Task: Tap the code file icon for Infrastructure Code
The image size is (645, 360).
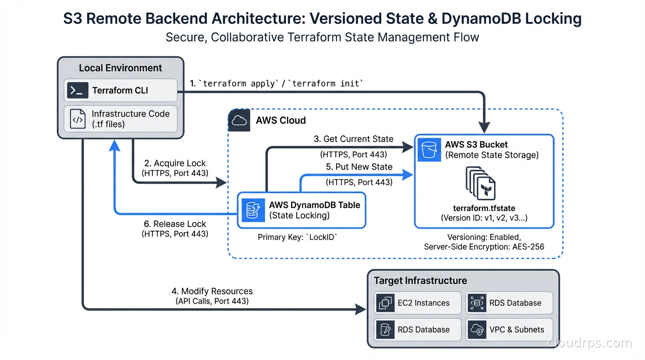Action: [x=78, y=119]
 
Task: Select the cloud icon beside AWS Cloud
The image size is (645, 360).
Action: [x=240, y=120]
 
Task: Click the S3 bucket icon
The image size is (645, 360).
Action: [x=429, y=150]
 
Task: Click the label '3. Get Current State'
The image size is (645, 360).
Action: [x=353, y=139]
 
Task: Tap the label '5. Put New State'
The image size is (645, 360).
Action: [x=359, y=167]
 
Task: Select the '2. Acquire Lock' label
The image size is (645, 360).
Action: [x=175, y=163]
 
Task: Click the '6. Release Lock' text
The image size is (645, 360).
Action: [x=175, y=224]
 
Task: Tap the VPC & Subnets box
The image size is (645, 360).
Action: [x=509, y=330]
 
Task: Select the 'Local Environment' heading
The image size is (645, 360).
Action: [x=120, y=68]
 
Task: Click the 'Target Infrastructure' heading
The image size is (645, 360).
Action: [x=420, y=281]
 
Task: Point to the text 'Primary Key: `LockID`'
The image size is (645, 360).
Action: [x=297, y=238]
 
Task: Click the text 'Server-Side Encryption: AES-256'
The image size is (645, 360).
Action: [x=484, y=247]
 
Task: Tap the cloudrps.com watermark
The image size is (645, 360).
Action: [x=590, y=343]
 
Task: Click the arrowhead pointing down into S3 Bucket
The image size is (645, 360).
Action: [x=484, y=127]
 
